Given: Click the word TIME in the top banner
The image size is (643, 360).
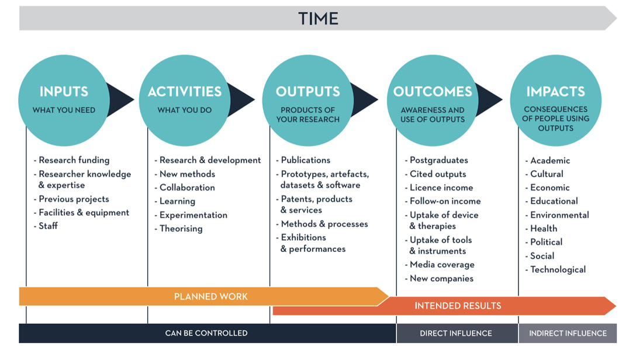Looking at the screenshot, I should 318,19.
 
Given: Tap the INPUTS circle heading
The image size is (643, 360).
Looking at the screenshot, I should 64,92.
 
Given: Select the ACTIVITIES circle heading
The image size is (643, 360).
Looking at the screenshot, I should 185,92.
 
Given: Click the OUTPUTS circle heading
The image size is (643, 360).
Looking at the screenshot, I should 307,92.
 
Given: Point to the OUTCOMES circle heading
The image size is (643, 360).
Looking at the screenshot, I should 433,92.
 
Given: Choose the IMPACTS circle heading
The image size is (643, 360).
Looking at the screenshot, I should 555,92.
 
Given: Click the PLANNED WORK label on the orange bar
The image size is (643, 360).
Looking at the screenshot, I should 211,297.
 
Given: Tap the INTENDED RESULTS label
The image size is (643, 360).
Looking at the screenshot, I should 458,306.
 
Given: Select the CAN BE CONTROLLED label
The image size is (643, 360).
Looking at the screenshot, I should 206,333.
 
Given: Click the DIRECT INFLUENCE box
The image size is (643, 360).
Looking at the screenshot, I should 456,333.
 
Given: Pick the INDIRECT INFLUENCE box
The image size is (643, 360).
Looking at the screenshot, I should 568,333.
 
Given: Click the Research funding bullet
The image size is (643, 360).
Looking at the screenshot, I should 74,160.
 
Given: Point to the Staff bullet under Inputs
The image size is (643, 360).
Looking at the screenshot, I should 48,226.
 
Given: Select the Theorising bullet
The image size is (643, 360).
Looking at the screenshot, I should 181,229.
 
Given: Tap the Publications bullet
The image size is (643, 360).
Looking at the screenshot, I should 305,160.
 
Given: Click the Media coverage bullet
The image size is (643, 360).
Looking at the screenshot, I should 442,265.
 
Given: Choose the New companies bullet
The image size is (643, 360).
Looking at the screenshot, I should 441,279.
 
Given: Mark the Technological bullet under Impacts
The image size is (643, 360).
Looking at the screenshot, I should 558,269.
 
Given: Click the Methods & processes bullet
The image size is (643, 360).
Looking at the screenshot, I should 324,224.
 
